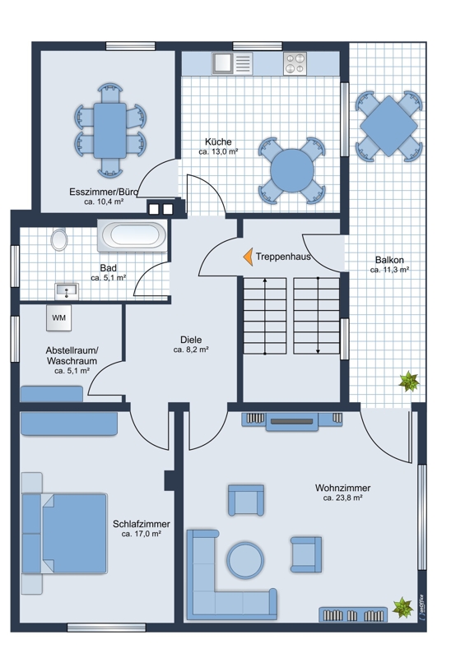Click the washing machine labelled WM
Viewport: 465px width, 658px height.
(x=58, y=317)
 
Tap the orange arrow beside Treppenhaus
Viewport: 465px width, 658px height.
(x=249, y=257)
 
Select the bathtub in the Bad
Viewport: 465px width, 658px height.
(x=133, y=235)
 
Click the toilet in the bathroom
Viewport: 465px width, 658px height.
(x=59, y=240)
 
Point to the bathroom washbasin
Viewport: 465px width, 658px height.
(x=67, y=291)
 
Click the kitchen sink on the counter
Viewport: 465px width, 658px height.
(x=232, y=63)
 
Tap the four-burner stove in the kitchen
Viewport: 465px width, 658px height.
(x=295, y=63)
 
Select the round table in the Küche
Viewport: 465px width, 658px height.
(x=292, y=170)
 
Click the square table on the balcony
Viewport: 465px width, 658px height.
(x=389, y=127)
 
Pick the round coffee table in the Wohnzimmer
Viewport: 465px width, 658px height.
(x=245, y=560)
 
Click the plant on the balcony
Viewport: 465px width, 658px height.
(x=409, y=382)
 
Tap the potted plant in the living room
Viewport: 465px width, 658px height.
(x=402, y=607)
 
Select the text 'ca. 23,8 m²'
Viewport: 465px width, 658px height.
(x=342, y=498)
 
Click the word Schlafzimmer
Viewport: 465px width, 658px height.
(x=141, y=524)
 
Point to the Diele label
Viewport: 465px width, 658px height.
(x=191, y=340)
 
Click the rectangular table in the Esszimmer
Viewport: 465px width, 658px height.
(x=110, y=131)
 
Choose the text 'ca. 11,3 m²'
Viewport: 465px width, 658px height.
(x=389, y=270)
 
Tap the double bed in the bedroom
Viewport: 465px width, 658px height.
(x=64, y=533)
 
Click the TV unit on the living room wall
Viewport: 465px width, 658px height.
(x=292, y=421)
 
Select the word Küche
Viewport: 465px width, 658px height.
(x=218, y=141)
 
